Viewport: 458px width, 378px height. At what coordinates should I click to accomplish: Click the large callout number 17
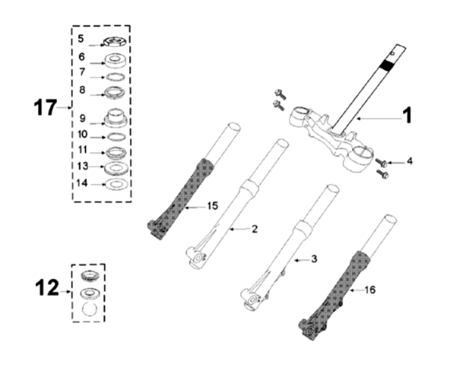(x=45, y=107)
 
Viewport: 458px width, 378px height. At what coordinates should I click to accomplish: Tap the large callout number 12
(x=47, y=287)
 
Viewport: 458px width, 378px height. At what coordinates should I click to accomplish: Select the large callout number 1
(x=408, y=115)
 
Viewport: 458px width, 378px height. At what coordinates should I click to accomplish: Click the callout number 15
(x=213, y=206)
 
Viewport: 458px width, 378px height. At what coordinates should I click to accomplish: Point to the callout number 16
(x=370, y=290)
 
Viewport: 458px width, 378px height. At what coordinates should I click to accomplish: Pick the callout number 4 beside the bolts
(x=409, y=161)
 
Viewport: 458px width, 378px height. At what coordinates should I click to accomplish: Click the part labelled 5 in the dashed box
(x=114, y=41)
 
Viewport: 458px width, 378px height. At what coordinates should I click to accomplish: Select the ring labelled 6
(x=116, y=60)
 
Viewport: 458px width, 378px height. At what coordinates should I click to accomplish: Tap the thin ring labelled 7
(x=115, y=77)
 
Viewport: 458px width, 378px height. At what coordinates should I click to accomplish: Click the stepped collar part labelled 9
(x=115, y=118)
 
